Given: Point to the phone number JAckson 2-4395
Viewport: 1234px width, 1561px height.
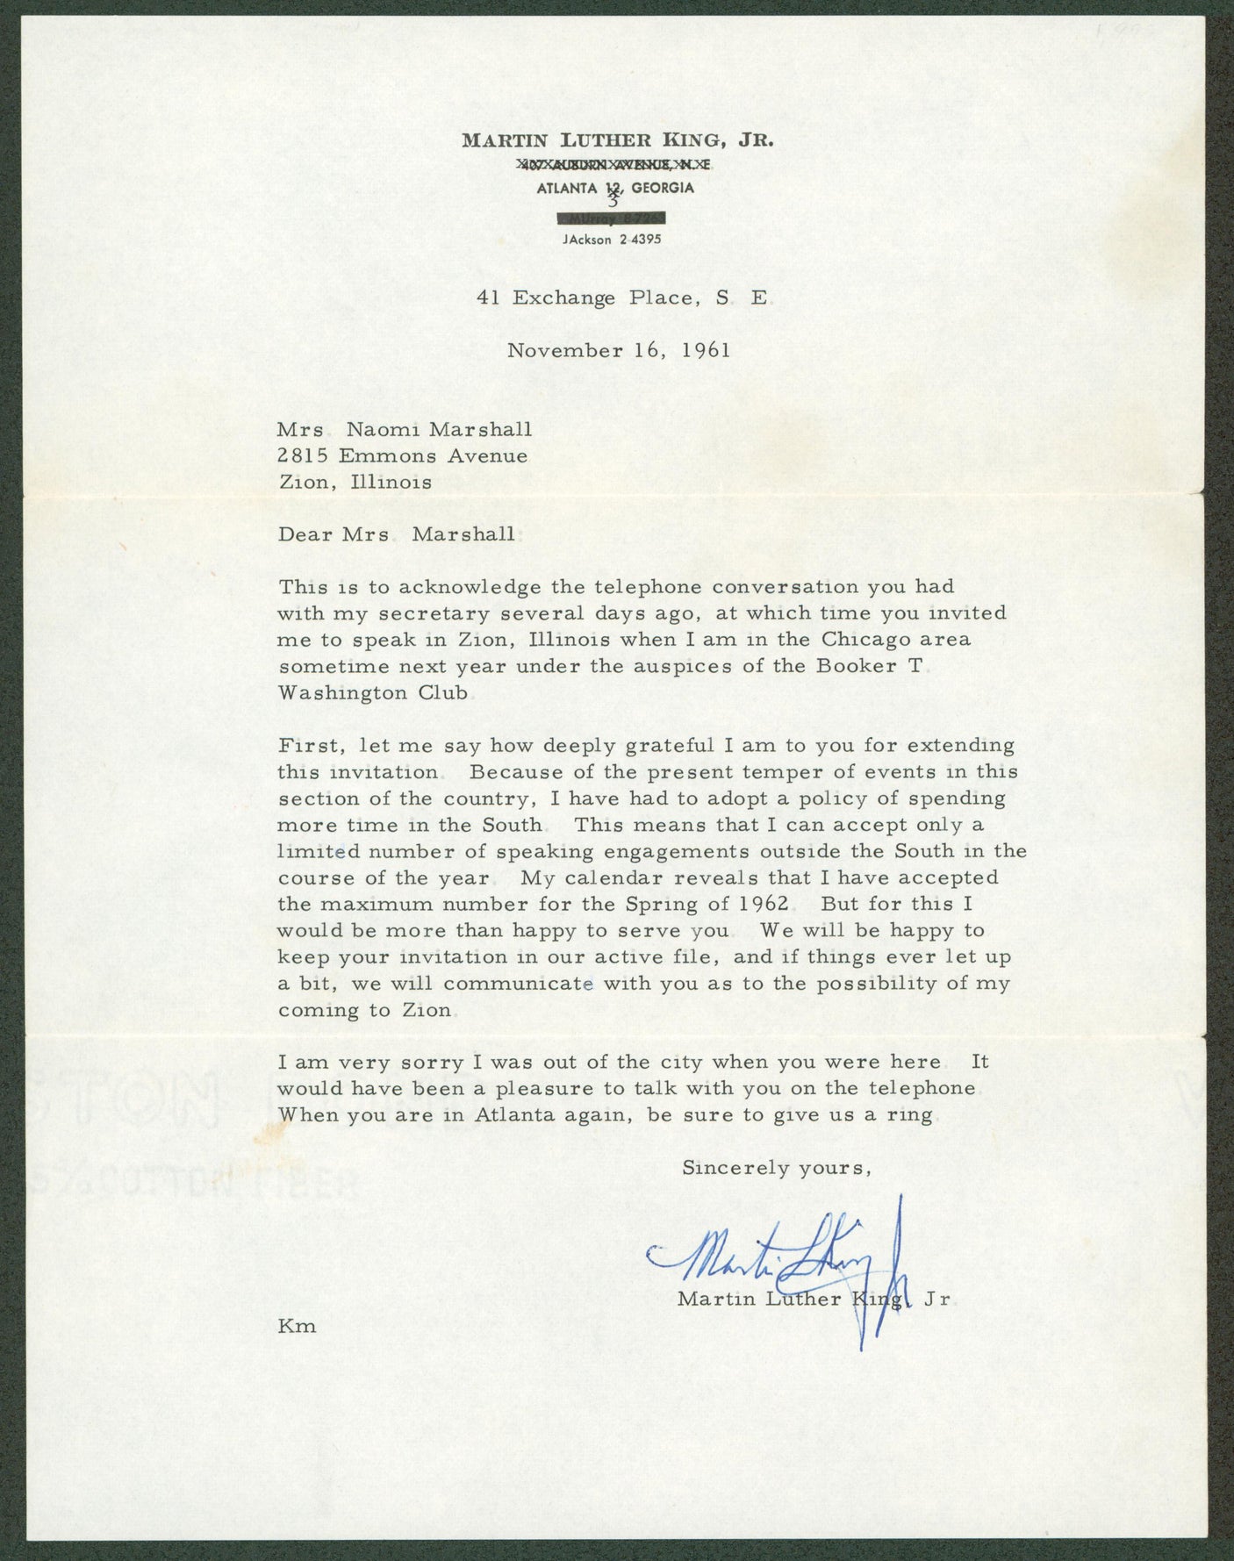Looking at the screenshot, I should coord(613,240).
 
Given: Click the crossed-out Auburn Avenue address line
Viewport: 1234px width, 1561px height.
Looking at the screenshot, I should coord(613,164).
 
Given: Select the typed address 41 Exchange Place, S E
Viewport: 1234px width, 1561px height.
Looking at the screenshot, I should coord(621,298).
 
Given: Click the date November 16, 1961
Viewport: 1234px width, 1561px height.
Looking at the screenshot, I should coord(619,350).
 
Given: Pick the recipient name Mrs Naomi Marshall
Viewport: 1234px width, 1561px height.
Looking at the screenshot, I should coord(404,429).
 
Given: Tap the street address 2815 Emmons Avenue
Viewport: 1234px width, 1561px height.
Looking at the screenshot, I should coord(402,455).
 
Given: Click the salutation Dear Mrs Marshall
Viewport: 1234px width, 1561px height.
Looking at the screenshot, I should coord(396,534).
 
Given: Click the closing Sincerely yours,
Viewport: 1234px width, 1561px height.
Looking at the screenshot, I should coord(776,1168).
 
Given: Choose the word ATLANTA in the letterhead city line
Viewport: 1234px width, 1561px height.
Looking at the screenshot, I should coord(563,188).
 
